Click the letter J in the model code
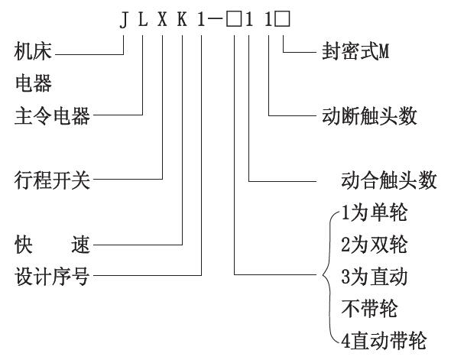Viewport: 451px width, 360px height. click(x=124, y=20)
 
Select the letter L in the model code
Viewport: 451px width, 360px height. click(x=143, y=20)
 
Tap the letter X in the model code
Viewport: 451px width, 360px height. click(x=163, y=20)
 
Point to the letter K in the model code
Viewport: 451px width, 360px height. click(x=182, y=20)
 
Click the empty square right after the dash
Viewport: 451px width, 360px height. click(x=234, y=20)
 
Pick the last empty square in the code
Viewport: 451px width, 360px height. click(x=282, y=20)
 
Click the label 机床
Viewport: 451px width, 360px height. click(x=33, y=52)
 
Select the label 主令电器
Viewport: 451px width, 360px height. click(x=52, y=116)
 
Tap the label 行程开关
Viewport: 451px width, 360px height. click(x=52, y=180)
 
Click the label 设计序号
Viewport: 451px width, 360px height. click(x=52, y=277)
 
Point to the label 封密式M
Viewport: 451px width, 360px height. click(x=355, y=52)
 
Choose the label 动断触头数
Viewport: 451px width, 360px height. click(x=369, y=116)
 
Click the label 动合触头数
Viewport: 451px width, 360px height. click(x=389, y=180)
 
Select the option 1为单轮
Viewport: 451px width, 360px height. click(x=375, y=212)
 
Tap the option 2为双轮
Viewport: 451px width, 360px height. click(x=375, y=245)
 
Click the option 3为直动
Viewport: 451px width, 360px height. click(x=375, y=277)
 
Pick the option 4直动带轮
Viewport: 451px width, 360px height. click(x=384, y=340)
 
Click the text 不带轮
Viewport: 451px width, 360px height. click(x=369, y=308)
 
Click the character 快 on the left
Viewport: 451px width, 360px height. click(x=23, y=245)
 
